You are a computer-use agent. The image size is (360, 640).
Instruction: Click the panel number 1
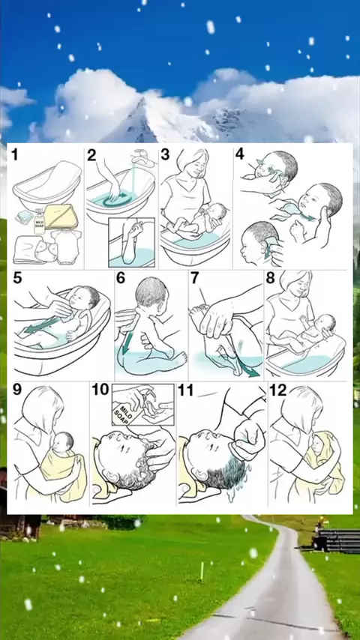click(x=15, y=155)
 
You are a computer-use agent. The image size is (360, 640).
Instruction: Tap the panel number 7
click(x=194, y=277)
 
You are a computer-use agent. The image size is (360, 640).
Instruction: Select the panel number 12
click(x=278, y=390)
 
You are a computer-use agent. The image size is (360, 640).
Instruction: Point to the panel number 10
click(x=100, y=390)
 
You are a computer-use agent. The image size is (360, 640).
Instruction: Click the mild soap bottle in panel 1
click(x=39, y=222)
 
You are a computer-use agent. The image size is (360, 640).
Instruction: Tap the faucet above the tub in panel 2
click(x=143, y=159)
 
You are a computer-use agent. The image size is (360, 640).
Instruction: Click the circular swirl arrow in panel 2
click(x=118, y=200)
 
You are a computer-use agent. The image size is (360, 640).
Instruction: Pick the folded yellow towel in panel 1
click(x=61, y=217)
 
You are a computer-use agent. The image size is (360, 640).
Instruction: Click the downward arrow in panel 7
click(x=248, y=364)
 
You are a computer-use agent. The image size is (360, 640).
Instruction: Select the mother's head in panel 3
click(x=192, y=163)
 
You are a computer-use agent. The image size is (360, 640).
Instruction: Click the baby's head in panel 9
click(x=63, y=444)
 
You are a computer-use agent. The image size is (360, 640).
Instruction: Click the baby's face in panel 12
click(x=317, y=445)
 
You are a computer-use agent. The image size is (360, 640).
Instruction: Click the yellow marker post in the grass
click(x=202, y=570)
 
